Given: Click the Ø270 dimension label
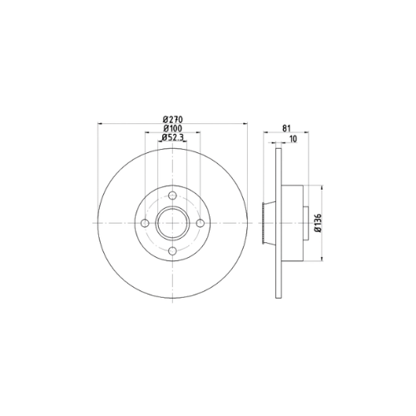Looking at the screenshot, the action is pyautogui.click(x=172, y=120).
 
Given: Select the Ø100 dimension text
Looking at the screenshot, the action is pyautogui.click(x=172, y=128).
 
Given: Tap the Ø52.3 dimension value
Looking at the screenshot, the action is pyautogui.click(x=172, y=137).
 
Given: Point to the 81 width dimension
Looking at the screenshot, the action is pyautogui.click(x=286, y=128).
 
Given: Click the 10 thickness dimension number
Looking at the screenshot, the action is pyautogui.click(x=293, y=139).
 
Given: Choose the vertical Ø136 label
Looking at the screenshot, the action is pyautogui.click(x=318, y=223).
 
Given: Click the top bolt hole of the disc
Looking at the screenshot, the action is pyautogui.click(x=172, y=196).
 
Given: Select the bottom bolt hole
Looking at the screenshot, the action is pyautogui.click(x=172, y=251).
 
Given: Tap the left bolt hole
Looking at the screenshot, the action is pyautogui.click(x=145, y=223).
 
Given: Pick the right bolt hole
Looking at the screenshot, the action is pyautogui.click(x=201, y=223).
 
